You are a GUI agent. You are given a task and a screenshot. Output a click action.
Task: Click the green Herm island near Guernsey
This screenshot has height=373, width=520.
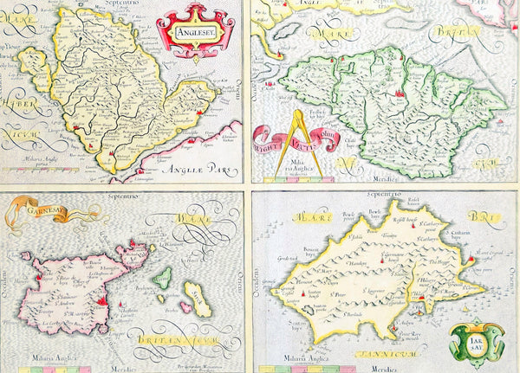[161, 278]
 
